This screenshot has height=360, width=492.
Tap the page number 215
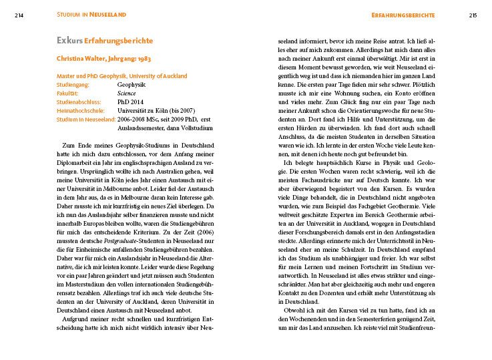tap(472, 15)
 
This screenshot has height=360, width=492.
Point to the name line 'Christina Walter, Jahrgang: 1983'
tap(104, 58)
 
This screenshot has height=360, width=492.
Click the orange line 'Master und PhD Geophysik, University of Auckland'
tap(122, 76)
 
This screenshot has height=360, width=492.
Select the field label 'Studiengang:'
tap(74, 85)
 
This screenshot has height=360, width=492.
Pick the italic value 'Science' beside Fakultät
tap(126, 94)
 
